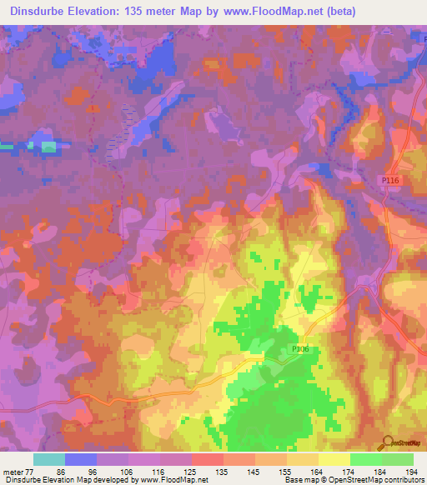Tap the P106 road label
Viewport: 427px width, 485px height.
click(x=300, y=350)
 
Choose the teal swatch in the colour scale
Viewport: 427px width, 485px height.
click(x=49, y=459)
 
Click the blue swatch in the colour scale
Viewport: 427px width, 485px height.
click(x=81, y=459)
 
